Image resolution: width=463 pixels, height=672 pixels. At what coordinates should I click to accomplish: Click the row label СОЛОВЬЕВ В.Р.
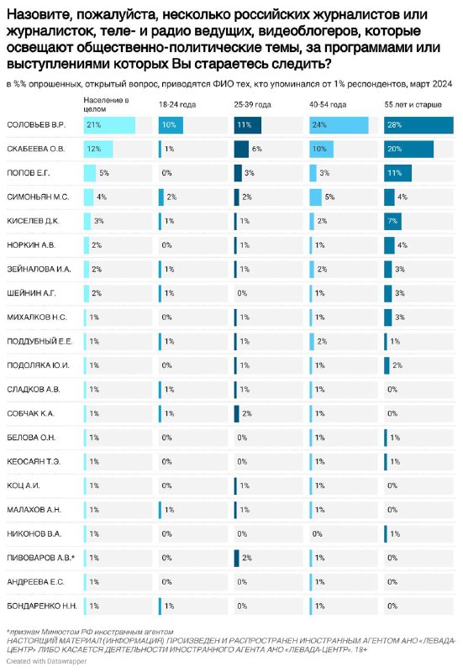[x=36, y=125]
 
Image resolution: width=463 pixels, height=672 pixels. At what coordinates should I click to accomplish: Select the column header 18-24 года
[x=177, y=104]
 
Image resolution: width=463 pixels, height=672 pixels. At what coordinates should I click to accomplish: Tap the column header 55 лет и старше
[x=413, y=104]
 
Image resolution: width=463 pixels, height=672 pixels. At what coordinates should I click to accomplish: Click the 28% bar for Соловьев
[x=418, y=125]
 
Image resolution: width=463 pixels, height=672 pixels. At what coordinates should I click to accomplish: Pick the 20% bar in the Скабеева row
[x=408, y=150]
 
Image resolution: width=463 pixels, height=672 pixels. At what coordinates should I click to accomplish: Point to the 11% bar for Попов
[x=397, y=173]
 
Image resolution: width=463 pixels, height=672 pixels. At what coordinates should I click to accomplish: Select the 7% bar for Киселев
[x=392, y=221]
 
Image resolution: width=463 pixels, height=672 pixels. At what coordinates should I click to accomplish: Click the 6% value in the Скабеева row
[x=257, y=150]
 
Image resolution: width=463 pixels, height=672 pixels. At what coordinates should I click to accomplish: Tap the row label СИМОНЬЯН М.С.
[x=38, y=197]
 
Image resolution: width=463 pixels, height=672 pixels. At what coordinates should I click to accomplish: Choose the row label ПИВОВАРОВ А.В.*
[x=40, y=558]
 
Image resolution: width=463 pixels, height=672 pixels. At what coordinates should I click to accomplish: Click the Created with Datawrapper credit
[x=46, y=661]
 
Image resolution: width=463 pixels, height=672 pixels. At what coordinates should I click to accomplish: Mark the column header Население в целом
[x=106, y=104]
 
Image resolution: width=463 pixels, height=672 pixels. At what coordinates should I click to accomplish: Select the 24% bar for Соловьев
[x=339, y=125]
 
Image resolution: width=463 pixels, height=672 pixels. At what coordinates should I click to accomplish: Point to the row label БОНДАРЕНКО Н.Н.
[x=42, y=606]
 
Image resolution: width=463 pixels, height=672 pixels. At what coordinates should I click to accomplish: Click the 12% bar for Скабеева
[x=98, y=150]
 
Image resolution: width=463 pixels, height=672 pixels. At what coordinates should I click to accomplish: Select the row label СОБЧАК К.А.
[x=30, y=413]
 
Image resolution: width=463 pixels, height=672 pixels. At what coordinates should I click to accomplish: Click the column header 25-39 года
[x=252, y=104]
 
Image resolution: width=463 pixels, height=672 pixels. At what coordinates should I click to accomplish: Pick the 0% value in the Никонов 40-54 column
[x=318, y=534]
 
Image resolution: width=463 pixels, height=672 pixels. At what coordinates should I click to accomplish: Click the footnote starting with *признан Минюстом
[x=90, y=632]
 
